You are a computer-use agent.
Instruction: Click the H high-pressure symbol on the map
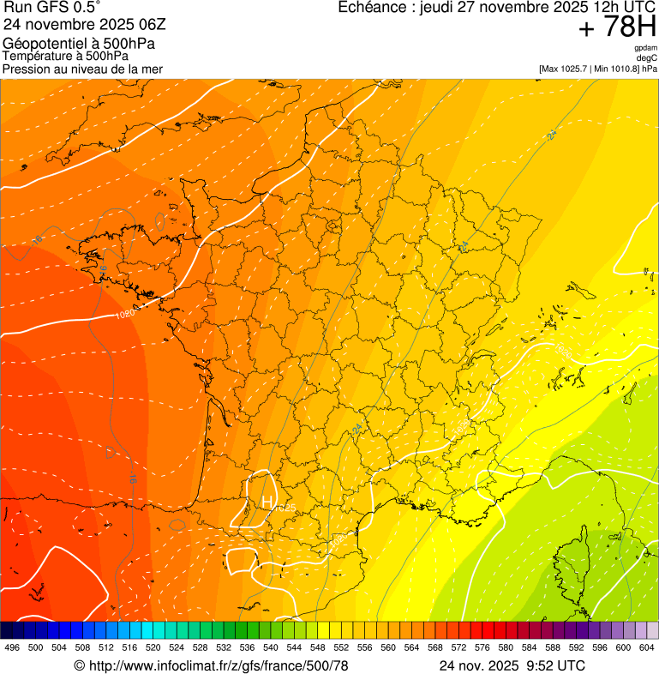[267, 501]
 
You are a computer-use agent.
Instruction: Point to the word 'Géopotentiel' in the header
[44, 44]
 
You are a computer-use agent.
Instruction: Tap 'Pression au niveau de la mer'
[82, 69]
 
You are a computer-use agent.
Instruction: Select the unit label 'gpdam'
[645, 48]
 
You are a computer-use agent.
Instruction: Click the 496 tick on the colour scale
[12, 647]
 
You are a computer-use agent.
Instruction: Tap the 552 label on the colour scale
[340, 647]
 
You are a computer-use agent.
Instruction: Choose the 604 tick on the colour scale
[647, 647]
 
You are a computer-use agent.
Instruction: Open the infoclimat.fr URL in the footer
[219, 665]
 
